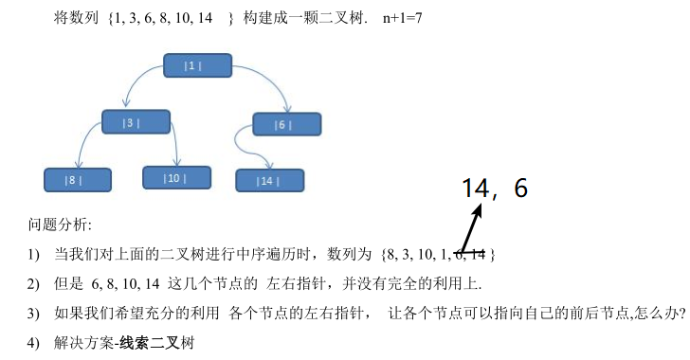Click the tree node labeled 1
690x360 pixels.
point(197,65)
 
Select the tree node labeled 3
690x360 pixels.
point(136,122)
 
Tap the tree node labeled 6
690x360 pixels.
point(287,124)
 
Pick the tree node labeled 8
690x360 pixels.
point(78,180)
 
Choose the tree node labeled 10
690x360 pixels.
point(177,178)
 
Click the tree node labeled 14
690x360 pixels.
point(270,180)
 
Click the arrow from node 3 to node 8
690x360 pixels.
point(84,139)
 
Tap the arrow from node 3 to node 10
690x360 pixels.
point(175,143)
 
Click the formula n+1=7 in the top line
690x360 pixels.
point(402,18)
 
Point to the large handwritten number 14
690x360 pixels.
point(476,188)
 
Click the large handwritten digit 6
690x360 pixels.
point(520,188)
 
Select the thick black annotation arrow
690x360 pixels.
point(470,228)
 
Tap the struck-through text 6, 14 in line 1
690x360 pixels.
point(469,254)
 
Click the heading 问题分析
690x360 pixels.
point(60,225)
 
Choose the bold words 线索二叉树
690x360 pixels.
point(156,343)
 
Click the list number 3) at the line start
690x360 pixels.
point(33,314)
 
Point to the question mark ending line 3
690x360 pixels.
point(682,313)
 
